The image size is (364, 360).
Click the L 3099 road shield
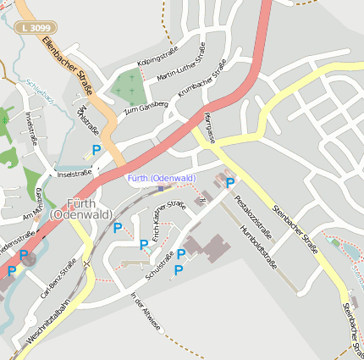(31, 28)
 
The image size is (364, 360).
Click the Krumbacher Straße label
(203, 80)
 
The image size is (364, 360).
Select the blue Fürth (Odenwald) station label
(162, 177)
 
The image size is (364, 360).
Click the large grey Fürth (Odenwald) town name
(80, 208)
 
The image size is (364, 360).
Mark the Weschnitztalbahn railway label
(47, 325)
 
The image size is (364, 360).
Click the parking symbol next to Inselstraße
(96, 150)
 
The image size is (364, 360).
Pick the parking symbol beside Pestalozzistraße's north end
(229, 182)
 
